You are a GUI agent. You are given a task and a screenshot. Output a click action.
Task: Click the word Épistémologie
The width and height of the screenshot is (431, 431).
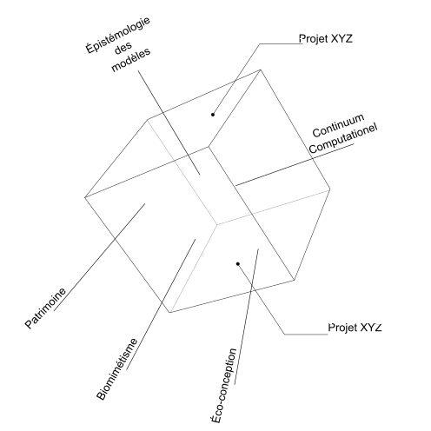[x=118, y=36]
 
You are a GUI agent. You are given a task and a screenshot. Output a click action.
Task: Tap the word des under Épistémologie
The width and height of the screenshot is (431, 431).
[x=123, y=49]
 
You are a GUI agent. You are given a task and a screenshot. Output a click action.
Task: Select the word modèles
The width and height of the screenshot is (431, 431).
[x=131, y=59]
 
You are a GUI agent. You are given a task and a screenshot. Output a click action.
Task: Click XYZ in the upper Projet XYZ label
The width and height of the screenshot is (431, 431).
[x=341, y=38]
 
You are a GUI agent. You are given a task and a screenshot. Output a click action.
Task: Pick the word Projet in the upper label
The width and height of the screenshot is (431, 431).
[x=314, y=39]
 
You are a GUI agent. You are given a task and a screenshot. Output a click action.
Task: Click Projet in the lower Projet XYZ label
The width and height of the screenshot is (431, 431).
[x=342, y=328]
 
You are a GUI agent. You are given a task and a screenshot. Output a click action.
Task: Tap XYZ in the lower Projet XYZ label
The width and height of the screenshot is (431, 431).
[x=370, y=328]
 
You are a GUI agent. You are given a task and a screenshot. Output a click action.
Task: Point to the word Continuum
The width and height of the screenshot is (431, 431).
[x=338, y=126]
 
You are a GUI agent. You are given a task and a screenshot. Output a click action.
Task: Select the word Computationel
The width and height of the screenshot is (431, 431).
[x=343, y=139]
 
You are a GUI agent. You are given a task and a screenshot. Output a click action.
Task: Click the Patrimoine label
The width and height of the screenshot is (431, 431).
[x=45, y=308]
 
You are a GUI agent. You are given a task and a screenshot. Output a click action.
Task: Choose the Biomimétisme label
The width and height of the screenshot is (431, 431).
[x=117, y=369]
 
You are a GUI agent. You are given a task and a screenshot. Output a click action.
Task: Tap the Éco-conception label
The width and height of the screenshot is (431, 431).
[x=223, y=386]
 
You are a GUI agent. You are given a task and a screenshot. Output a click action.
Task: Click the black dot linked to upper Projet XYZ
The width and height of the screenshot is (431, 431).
[x=213, y=115]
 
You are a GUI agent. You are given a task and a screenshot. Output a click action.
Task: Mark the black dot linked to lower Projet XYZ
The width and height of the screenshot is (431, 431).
[x=238, y=263]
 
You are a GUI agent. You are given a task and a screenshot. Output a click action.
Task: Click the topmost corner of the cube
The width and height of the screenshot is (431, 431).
[x=260, y=70]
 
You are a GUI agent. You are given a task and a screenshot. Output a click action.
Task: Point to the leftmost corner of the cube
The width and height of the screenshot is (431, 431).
[x=85, y=197]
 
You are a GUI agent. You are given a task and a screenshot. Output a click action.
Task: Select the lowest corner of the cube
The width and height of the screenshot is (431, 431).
[x=169, y=312]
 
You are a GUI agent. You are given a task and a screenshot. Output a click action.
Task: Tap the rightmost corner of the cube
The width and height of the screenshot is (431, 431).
[x=330, y=189]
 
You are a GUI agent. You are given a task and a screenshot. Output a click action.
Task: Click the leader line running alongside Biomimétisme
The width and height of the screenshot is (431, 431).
[x=161, y=304]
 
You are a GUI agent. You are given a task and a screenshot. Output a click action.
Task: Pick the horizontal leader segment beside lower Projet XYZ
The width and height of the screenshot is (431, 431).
[x=306, y=335]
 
